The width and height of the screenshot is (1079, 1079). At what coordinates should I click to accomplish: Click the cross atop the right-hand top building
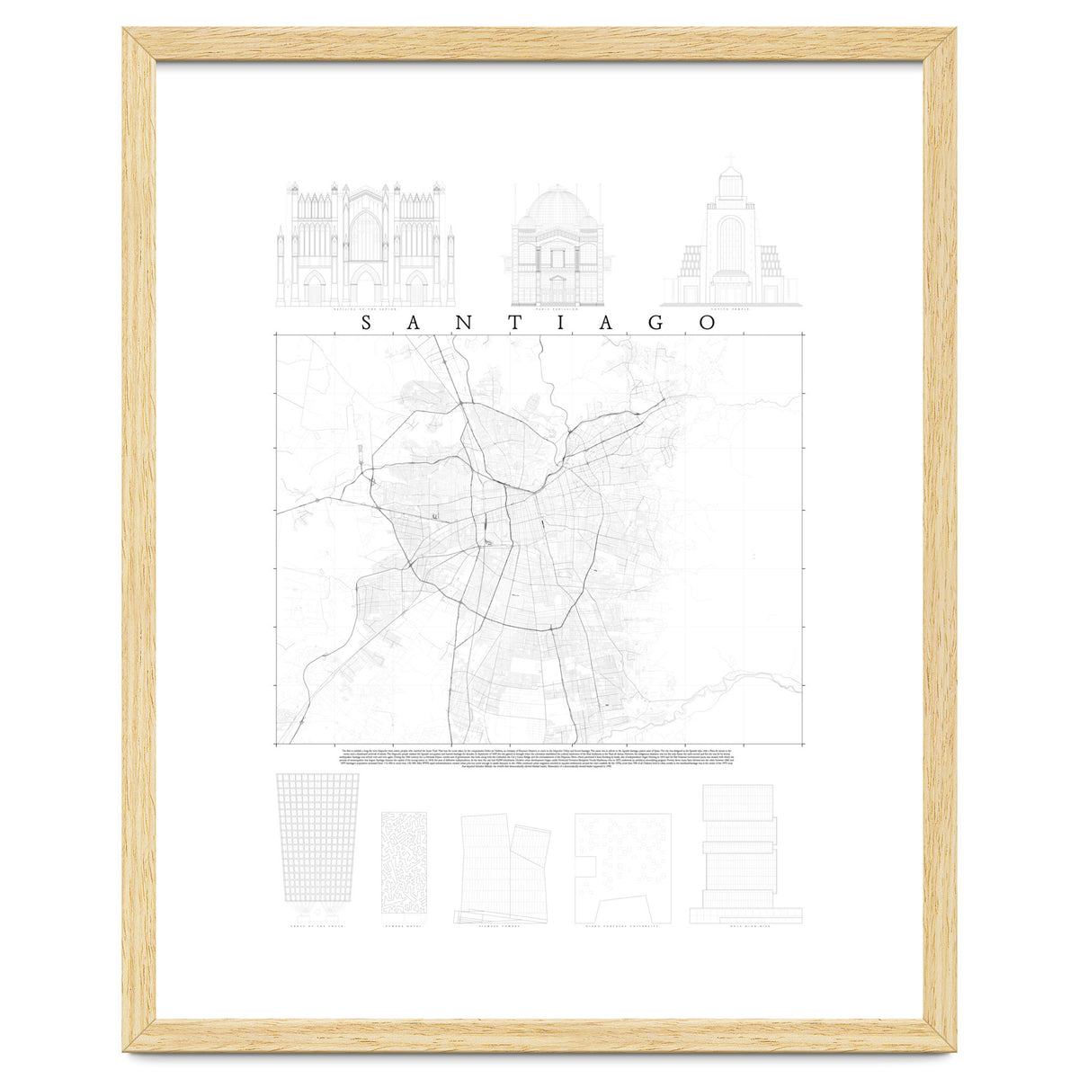click(731, 162)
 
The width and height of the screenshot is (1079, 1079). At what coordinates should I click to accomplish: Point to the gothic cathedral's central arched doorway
click(365, 286)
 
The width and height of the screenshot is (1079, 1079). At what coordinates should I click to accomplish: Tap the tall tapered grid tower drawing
click(317, 836)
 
